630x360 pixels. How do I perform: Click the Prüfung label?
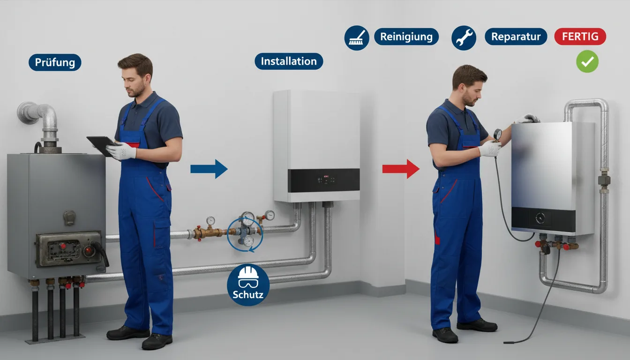(x=55, y=62)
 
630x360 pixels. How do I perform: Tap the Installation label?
(x=289, y=61)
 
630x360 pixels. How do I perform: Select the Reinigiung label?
(x=406, y=37)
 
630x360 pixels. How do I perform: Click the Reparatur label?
(x=516, y=37)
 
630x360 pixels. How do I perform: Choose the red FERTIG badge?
(x=580, y=37)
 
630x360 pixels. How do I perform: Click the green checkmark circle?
(x=587, y=61)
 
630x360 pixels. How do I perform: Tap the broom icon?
(x=357, y=37)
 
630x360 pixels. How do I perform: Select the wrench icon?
(x=464, y=37)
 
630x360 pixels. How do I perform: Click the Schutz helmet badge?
(x=248, y=285)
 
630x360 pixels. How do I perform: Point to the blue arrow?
(x=209, y=169)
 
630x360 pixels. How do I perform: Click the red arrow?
(x=401, y=169)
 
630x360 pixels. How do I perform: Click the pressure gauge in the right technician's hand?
(x=497, y=135)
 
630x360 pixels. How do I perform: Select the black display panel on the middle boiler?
(x=324, y=180)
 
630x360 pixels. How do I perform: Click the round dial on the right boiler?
(x=540, y=218)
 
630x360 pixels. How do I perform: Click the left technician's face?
(x=135, y=82)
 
